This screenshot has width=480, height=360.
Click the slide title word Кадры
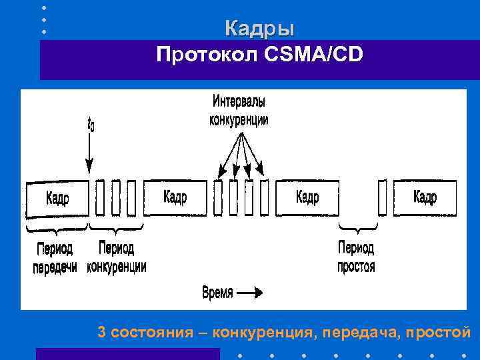[x=259, y=29]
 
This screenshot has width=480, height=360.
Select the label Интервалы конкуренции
[x=239, y=111]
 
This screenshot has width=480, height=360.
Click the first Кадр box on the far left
[x=57, y=199]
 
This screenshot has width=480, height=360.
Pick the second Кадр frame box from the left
[x=175, y=197]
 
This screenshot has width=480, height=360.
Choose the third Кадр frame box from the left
[x=307, y=197]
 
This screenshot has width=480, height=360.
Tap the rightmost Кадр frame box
[x=425, y=197]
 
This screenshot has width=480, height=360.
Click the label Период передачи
[x=55, y=258]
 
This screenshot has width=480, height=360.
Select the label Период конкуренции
[x=116, y=258]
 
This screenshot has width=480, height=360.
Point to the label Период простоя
[x=357, y=258]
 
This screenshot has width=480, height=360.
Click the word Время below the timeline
[x=217, y=292]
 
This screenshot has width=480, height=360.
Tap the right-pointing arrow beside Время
[x=250, y=292]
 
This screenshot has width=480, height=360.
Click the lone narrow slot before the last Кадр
[x=382, y=198]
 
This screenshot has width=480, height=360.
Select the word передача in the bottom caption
[x=357, y=332]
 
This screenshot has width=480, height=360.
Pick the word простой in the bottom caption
[x=437, y=332]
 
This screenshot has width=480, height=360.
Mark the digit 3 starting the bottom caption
[x=101, y=332]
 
